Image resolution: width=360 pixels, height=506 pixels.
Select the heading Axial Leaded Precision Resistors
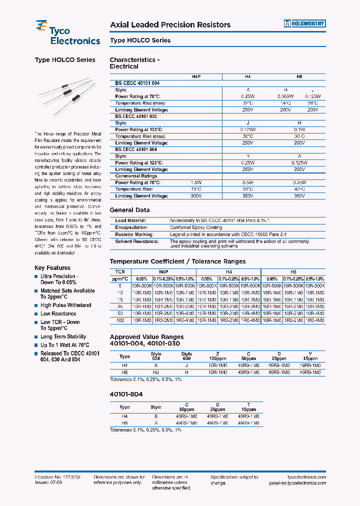click(x=170, y=25)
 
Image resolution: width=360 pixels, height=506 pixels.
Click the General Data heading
click(x=129, y=210)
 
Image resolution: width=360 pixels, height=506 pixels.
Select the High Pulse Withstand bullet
click(x=65, y=305)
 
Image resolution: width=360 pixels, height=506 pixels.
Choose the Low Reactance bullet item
click(x=58, y=314)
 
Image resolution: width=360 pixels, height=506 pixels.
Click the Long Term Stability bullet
click(x=63, y=337)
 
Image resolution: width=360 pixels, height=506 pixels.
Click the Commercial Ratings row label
click(x=136, y=176)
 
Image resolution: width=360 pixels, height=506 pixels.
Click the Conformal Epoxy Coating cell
click(x=195, y=227)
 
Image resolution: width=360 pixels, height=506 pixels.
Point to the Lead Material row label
click(x=130, y=220)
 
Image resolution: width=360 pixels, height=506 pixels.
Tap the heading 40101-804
click(x=126, y=394)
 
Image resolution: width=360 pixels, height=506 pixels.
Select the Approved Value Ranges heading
click(x=146, y=337)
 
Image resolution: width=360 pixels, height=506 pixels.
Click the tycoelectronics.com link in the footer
click(x=303, y=477)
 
